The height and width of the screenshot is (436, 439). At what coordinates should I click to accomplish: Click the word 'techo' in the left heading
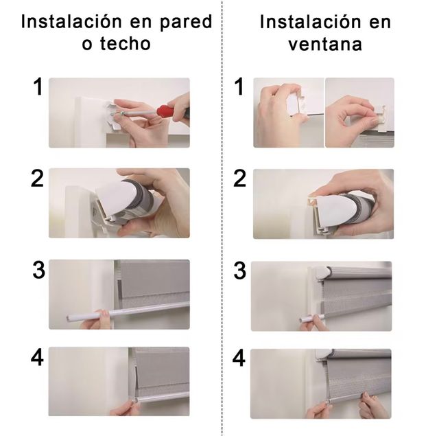(123, 44)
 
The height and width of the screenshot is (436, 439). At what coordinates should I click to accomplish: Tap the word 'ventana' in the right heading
(325, 44)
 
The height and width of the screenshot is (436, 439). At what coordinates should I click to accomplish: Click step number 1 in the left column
(38, 88)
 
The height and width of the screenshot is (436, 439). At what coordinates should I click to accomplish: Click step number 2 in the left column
(38, 179)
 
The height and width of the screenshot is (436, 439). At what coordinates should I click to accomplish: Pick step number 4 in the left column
(38, 358)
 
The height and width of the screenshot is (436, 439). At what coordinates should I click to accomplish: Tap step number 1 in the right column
(239, 88)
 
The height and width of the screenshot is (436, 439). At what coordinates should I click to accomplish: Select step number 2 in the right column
(239, 179)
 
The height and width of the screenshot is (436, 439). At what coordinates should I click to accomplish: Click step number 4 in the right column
(239, 358)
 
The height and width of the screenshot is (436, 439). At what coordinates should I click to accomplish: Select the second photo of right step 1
(359, 112)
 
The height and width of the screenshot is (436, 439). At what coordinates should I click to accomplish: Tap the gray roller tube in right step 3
(360, 272)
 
